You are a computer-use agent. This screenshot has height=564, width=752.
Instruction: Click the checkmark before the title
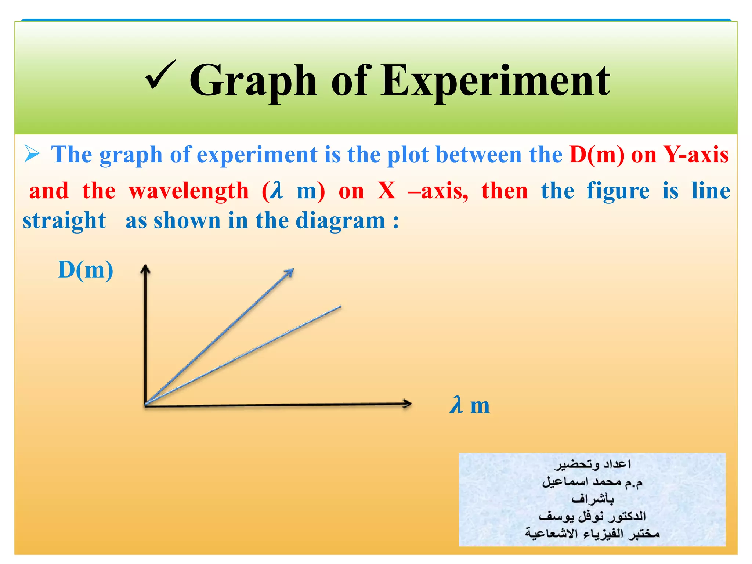(x=160, y=75)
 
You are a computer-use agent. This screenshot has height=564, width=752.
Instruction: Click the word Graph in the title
(x=253, y=82)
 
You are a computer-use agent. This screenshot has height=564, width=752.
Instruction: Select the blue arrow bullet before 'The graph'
(x=32, y=154)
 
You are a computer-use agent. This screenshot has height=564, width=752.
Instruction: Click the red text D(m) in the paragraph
(x=597, y=155)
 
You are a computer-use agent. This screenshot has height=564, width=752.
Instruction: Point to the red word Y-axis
(x=696, y=155)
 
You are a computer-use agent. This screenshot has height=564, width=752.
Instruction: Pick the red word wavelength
(x=189, y=191)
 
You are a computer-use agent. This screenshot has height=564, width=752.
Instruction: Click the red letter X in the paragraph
(x=387, y=191)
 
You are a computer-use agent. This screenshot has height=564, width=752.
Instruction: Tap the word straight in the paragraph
(x=64, y=221)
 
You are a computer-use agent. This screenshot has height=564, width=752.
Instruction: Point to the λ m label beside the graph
(x=470, y=405)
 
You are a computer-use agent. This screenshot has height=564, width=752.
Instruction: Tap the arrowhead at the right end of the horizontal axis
(x=407, y=404)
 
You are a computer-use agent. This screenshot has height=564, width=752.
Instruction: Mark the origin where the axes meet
(x=146, y=405)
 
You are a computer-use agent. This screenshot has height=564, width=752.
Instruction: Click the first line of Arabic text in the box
(x=592, y=464)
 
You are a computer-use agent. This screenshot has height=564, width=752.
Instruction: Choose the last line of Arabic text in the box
(x=592, y=533)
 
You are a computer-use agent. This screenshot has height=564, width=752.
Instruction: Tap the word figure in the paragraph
(x=618, y=191)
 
